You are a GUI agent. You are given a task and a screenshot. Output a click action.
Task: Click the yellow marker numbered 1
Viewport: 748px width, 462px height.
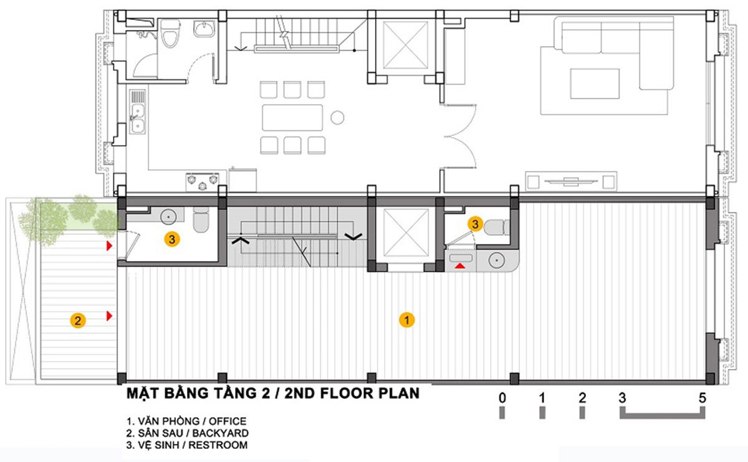click(x=406, y=320)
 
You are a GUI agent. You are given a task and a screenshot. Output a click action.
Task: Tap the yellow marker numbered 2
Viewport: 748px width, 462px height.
click(x=77, y=321)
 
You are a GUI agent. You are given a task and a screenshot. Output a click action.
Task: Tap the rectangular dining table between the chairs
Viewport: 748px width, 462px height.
click(x=292, y=117)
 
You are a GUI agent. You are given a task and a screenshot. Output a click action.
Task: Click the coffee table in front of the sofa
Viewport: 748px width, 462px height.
click(x=595, y=84)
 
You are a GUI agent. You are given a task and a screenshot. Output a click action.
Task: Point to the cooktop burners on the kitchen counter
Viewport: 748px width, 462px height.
click(x=203, y=181)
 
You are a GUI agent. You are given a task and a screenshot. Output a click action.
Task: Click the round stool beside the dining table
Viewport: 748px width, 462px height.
click(x=337, y=117)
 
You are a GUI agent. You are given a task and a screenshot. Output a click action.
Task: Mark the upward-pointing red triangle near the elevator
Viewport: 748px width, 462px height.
click(x=460, y=266)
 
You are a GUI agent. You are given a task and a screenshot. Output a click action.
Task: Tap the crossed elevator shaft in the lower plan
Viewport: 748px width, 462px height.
click(x=406, y=232)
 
